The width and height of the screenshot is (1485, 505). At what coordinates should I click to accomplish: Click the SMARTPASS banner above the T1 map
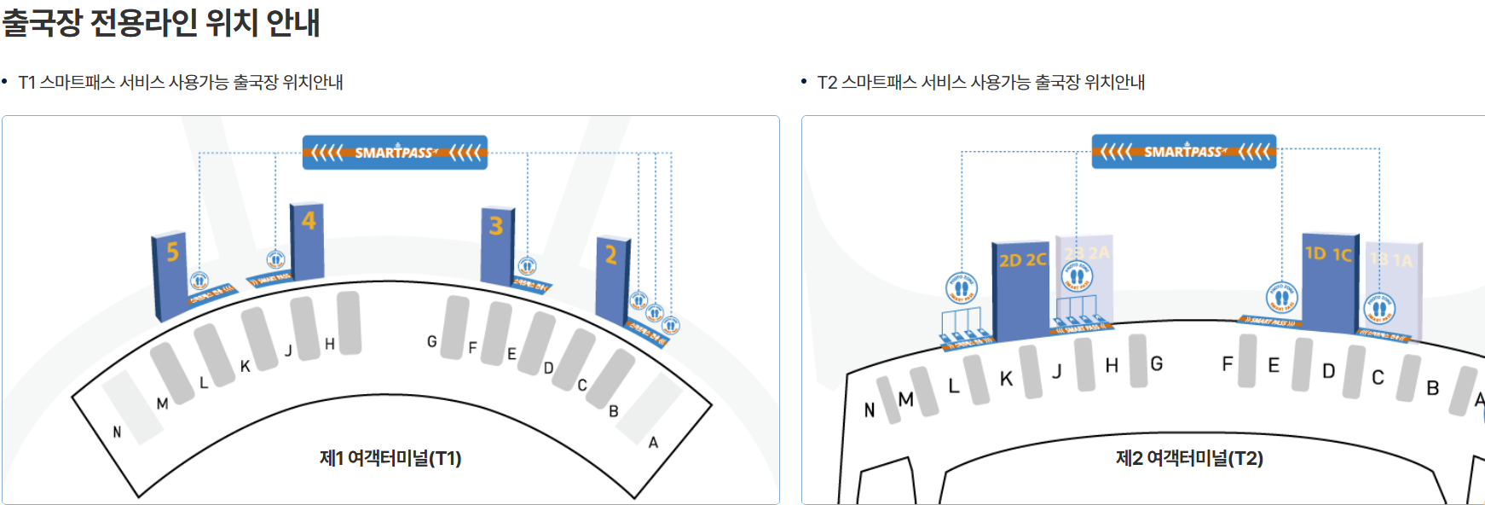coord(395,153)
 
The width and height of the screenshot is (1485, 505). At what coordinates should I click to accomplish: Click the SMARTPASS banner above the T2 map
coord(1184,152)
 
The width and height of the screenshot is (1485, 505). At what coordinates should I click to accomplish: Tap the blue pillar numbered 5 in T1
coord(169,275)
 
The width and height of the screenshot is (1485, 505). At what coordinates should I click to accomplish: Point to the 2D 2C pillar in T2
coord(1020,290)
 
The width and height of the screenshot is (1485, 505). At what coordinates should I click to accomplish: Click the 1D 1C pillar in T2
coord(1329,282)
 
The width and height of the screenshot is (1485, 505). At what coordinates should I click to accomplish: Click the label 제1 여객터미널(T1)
coord(390,459)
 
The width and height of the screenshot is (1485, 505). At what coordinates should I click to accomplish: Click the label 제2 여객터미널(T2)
coord(1189,459)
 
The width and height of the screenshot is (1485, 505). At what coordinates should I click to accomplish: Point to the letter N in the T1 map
coord(118,432)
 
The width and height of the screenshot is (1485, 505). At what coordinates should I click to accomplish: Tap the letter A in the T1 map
coord(653,443)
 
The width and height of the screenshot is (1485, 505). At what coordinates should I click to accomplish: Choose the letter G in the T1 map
coord(432,342)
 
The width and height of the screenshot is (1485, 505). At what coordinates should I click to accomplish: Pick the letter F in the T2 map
coord(1227,364)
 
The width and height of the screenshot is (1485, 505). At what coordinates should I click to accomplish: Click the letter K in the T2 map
coord(1006,379)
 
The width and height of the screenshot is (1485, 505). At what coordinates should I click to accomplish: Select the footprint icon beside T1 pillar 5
coord(199,281)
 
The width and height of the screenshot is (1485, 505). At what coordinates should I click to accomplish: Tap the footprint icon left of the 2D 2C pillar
coord(962,288)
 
